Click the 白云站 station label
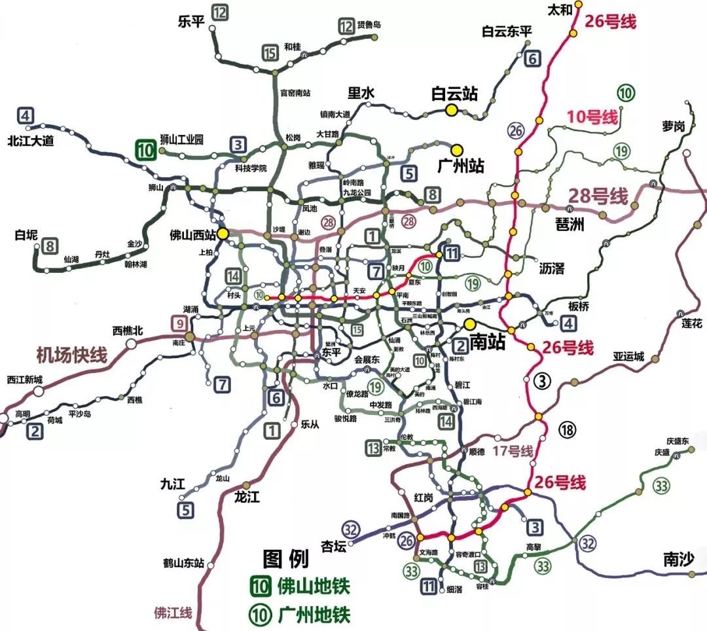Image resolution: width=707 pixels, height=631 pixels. coord(454,94)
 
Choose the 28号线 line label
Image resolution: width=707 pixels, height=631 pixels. coord(597,196)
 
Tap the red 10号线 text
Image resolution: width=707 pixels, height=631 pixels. coord(592,118)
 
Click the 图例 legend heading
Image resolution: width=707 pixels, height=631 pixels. coord(285,558)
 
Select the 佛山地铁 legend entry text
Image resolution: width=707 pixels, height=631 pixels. coord(314,586)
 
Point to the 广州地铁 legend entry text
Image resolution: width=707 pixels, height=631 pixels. coord(314,615)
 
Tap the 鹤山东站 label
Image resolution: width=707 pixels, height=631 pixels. coord(184,562)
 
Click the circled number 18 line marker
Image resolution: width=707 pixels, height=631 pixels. coord(567,429)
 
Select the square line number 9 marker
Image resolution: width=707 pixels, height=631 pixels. coord(179,322)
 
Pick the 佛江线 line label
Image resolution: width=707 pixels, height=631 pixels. coord(173,613)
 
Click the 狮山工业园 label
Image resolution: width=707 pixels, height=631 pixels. coord(182,139)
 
